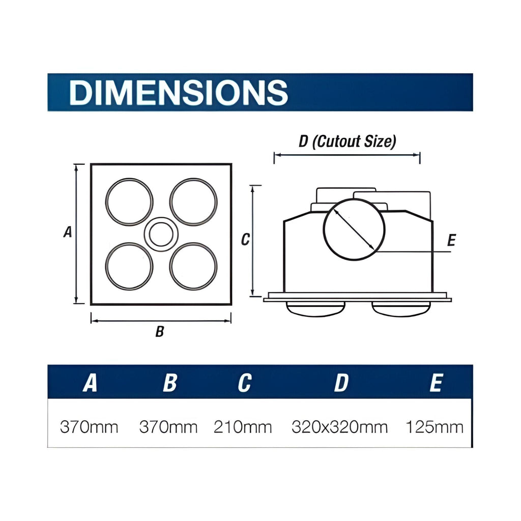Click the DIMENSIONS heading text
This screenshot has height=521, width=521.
179,93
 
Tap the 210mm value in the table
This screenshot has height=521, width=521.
243,427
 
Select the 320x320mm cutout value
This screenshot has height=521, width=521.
339,427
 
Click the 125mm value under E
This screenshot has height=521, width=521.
435,427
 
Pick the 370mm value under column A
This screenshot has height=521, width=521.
89,427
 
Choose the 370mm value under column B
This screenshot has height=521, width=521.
168,427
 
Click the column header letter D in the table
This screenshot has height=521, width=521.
341,383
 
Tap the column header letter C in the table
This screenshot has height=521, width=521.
245,383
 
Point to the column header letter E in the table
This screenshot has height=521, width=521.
436,383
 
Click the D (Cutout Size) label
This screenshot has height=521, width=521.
347,141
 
